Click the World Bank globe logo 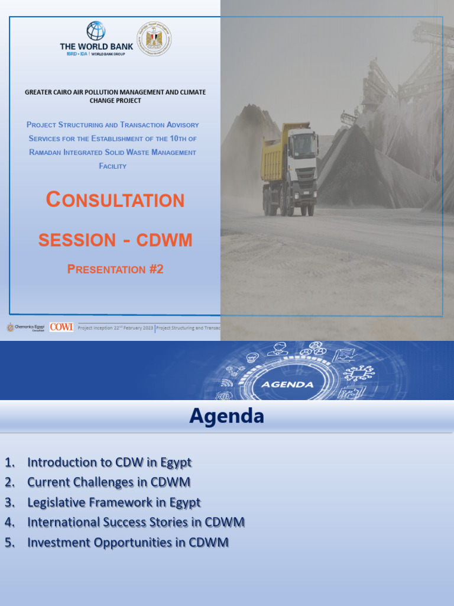(96, 31)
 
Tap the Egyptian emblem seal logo (154, 38)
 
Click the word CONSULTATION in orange (115, 200)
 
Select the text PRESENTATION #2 (115, 269)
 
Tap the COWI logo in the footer (61, 327)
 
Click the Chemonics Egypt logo (25, 327)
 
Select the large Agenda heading (226, 416)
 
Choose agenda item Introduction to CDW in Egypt (109, 462)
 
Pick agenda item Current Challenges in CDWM (109, 482)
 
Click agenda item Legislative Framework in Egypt (114, 502)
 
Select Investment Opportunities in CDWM (128, 543)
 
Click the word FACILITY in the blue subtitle (112, 166)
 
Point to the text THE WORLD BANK (96, 46)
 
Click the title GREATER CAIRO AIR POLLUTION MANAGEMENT (115, 92)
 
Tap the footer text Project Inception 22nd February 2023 (115, 328)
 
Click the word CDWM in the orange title (164, 240)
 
